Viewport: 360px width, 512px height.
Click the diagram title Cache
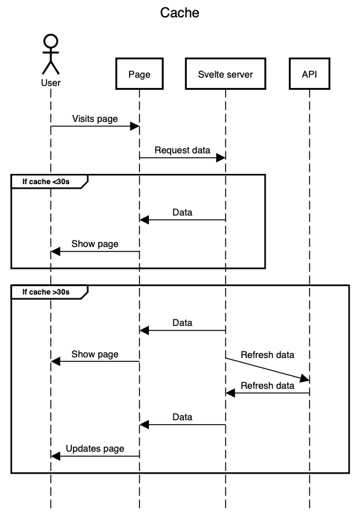click(180, 13)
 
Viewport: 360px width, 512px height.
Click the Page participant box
click(139, 74)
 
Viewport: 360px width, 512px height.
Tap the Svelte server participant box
click(225, 74)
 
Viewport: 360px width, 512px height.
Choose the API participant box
click(309, 74)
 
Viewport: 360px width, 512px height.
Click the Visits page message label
click(95, 119)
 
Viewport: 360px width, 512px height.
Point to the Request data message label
click(182, 150)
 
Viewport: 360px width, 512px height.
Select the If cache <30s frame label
click(45, 182)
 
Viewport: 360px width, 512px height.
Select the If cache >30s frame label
click(45, 292)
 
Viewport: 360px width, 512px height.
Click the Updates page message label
click(95, 448)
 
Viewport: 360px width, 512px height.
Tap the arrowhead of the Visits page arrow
click(135, 126)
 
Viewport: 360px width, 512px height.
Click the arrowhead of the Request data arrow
click(221, 158)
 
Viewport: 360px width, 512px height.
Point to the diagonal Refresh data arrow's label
click(268, 354)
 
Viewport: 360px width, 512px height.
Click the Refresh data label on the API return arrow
click(268, 386)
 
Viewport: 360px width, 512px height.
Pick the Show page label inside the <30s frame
click(95, 244)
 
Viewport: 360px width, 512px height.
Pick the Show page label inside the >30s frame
click(95, 354)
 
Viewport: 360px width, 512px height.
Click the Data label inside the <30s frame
click(182, 212)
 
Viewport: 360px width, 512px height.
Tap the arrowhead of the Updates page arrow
click(55, 456)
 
